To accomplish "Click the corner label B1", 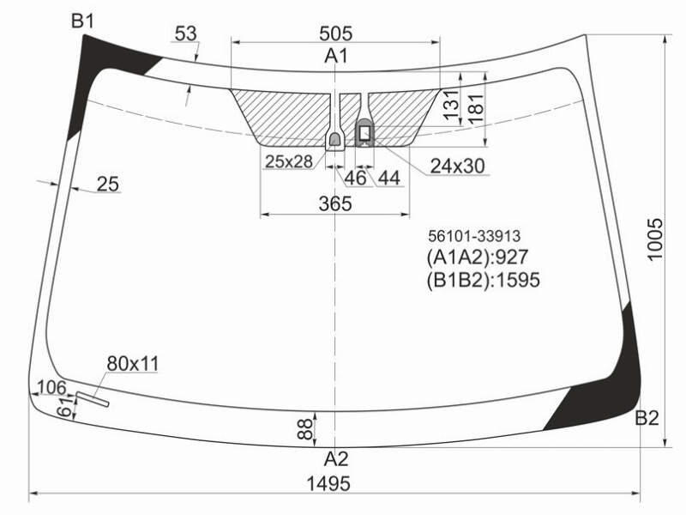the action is (x=82, y=21).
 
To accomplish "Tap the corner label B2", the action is (x=647, y=418).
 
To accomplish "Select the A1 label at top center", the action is (x=336, y=56).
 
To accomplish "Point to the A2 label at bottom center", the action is (x=336, y=459).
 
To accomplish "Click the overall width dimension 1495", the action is (x=328, y=484).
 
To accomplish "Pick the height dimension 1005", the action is (x=655, y=239).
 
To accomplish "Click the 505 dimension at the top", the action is (x=335, y=33).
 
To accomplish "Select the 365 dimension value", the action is (x=335, y=203).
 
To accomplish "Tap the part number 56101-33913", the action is (x=474, y=237).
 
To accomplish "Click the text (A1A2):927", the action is (x=478, y=257).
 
